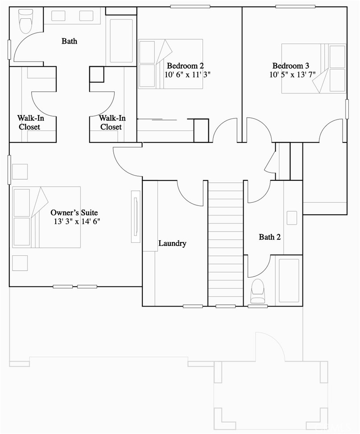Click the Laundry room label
(172, 243)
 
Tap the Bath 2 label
(269, 237)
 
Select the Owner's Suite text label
(74, 213)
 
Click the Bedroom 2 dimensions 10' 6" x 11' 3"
(187, 74)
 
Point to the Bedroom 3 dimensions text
(293, 74)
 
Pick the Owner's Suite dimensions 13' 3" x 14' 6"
(77, 221)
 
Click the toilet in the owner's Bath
(25, 21)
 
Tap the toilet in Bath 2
(258, 291)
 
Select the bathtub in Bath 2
(289, 280)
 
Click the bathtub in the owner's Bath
(121, 41)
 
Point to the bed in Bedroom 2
(170, 64)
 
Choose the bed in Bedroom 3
(314, 68)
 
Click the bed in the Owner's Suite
(46, 217)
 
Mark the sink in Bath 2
(292, 218)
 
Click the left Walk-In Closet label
(30, 123)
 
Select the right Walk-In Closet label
(112, 123)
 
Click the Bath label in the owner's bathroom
(69, 41)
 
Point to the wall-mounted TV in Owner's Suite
(136, 217)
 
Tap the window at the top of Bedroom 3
(295, 7)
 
